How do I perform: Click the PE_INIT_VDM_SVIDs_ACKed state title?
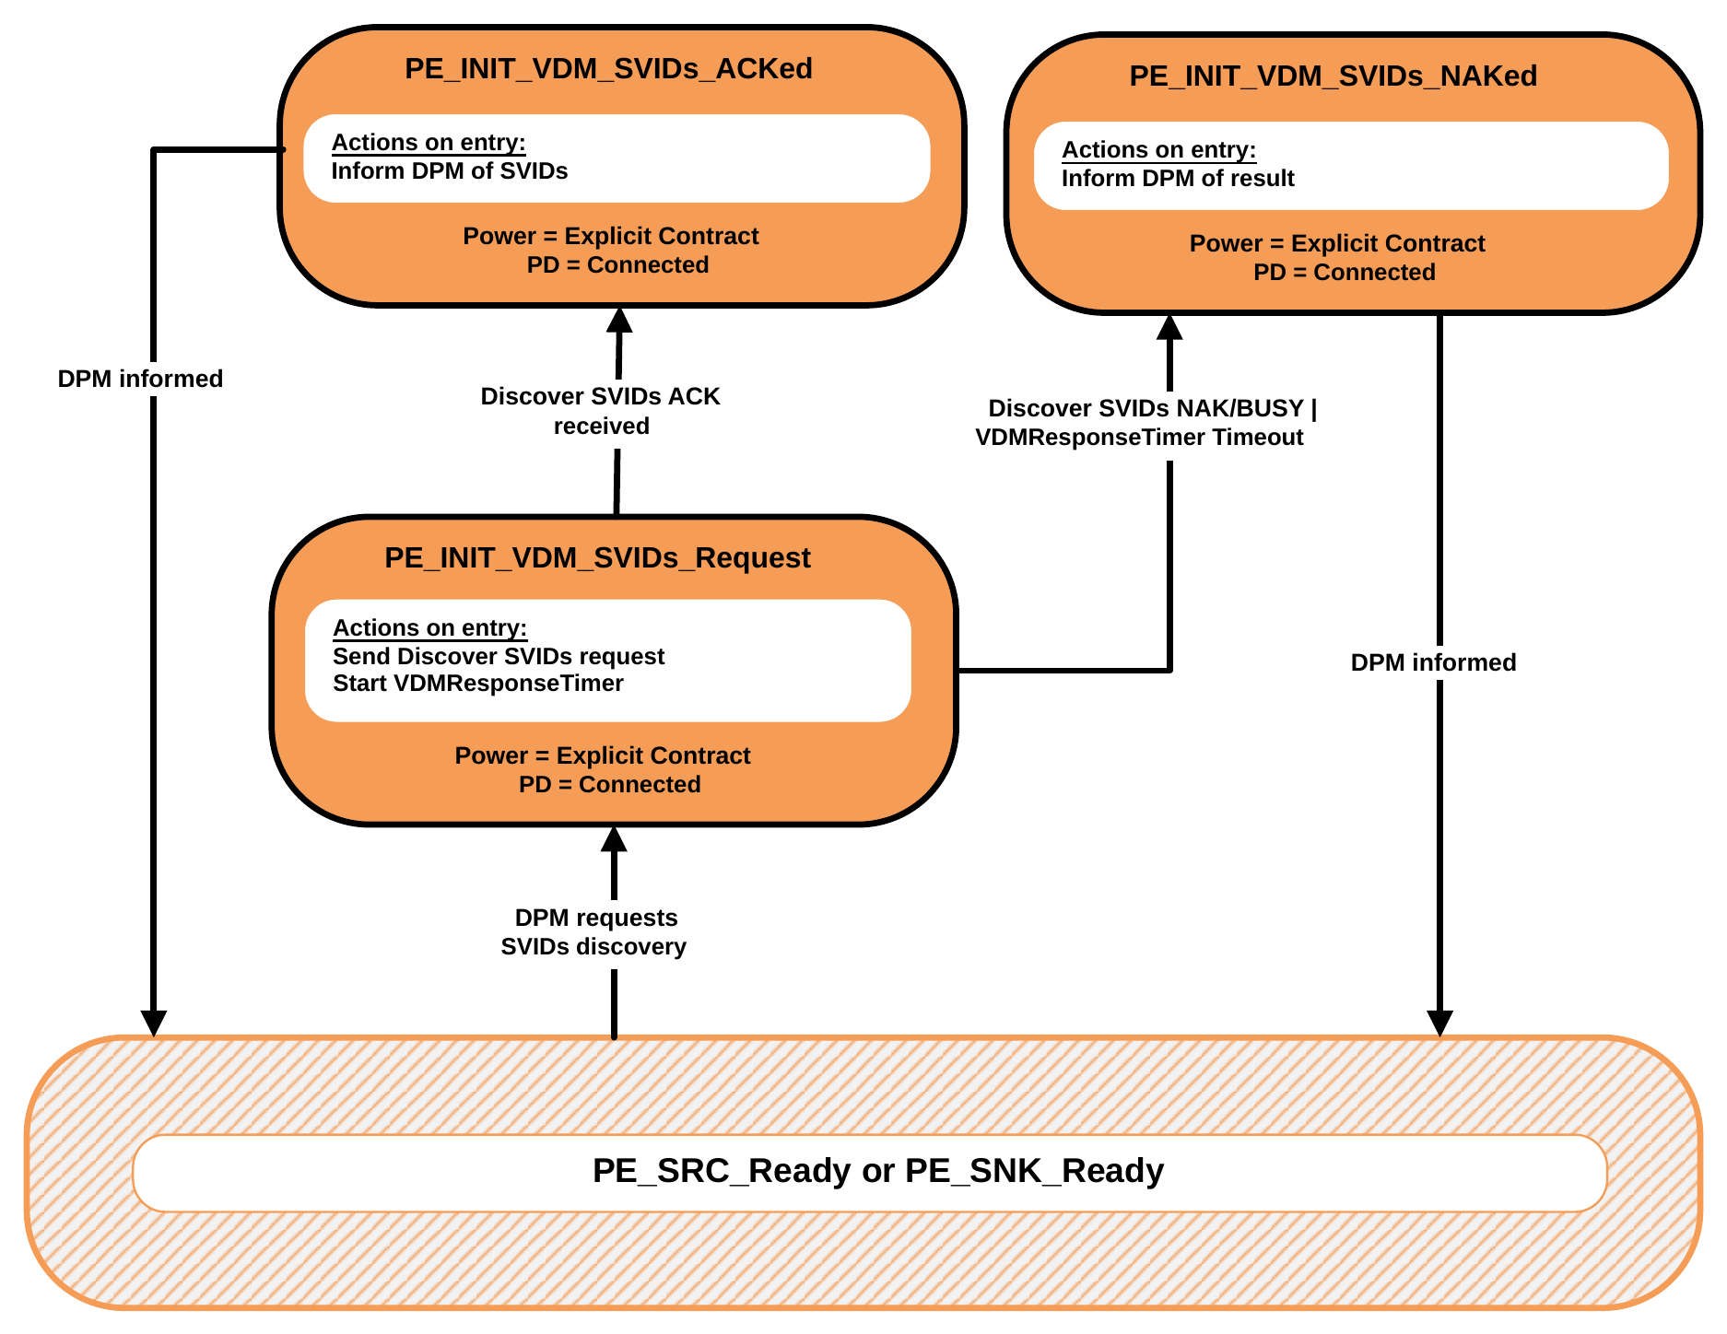(x=608, y=69)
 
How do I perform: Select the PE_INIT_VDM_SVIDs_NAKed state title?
(x=1333, y=76)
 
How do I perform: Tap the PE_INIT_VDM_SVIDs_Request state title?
(x=597, y=558)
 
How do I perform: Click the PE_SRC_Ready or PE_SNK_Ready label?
(x=878, y=1171)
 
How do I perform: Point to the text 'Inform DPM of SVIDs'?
(x=450, y=171)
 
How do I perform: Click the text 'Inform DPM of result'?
(x=1178, y=179)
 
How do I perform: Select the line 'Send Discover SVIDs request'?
(x=499, y=657)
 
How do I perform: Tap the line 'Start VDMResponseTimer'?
(x=478, y=684)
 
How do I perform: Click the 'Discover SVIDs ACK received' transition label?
(x=601, y=411)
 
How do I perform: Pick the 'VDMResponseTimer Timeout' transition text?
(x=1139, y=438)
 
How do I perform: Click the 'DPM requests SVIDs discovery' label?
(x=594, y=932)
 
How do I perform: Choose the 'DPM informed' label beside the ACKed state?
(x=140, y=379)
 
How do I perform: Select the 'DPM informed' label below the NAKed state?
(x=1433, y=662)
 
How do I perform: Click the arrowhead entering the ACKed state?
(x=619, y=320)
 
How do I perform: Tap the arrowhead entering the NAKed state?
(x=1169, y=327)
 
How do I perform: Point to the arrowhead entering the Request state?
(x=614, y=838)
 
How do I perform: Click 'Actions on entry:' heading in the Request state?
(x=429, y=628)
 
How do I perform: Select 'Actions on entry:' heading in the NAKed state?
(x=1158, y=150)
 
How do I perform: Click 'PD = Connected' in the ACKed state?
(x=617, y=265)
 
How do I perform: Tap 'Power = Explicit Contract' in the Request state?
(x=603, y=756)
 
